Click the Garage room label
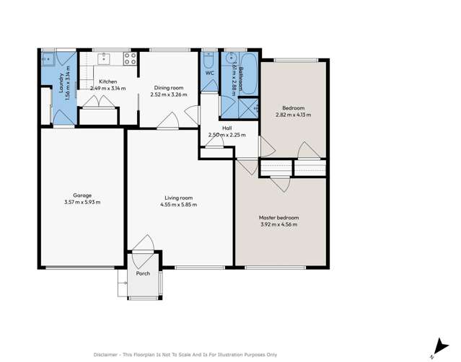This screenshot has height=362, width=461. [x=82, y=195]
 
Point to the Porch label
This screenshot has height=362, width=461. [x=143, y=274]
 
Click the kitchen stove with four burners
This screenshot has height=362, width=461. [x=131, y=59]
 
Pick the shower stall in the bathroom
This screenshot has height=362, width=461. [x=247, y=107]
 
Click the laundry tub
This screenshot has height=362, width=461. [x=48, y=58]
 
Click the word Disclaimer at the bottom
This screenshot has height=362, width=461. [x=108, y=355]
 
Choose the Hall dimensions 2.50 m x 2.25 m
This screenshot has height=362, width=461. [x=227, y=135]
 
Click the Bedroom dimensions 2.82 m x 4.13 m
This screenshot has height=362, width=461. [x=294, y=115]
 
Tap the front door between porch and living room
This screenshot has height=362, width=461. [x=142, y=245]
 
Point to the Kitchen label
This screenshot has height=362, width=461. [x=107, y=81]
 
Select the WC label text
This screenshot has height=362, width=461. [x=209, y=74]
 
